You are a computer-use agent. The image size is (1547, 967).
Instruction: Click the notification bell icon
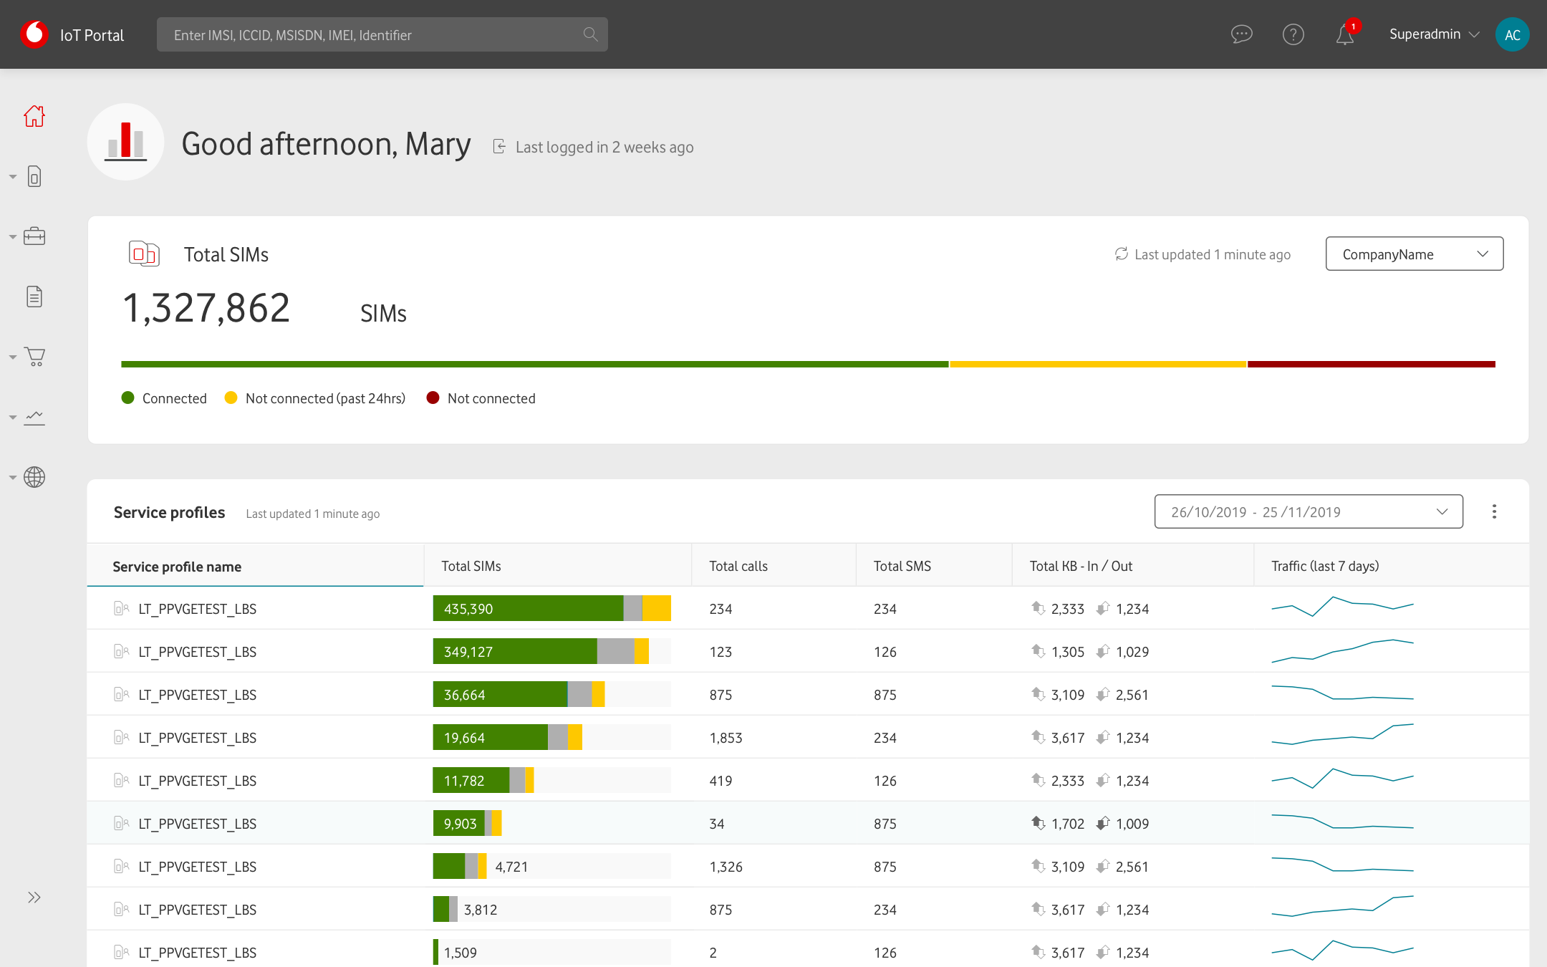click(x=1344, y=34)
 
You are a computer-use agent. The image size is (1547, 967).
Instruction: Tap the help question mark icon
click(x=1293, y=34)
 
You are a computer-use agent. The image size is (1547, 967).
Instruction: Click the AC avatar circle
click(x=1512, y=34)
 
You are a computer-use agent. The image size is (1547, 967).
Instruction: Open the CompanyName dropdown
click(x=1414, y=254)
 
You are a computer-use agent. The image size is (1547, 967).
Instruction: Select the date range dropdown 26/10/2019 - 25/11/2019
click(x=1309, y=511)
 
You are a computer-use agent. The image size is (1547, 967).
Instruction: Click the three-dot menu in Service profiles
click(x=1494, y=511)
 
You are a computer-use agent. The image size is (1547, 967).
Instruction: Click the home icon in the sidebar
click(x=34, y=116)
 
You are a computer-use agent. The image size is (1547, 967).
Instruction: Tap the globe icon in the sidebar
click(x=34, y=477)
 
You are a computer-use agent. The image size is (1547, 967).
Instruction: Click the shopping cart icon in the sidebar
click(x=34, y=357)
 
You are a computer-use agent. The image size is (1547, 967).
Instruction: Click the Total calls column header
click(x=738, y=566)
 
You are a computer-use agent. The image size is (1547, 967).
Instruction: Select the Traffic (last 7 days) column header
click(x=1325, y=566)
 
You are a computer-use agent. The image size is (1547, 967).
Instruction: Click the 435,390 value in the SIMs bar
click(x=468, y=609)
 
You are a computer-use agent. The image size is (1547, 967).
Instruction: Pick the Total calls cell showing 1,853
click(x=726, y=738)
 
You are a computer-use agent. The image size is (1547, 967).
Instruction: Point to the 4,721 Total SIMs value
click(x=511, y=867)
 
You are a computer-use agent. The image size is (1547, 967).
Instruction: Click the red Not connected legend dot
click(x=433, y=398)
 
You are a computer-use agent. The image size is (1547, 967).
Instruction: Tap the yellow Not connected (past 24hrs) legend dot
click(x=231, y=398)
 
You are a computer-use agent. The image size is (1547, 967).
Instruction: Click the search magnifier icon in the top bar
click(x=590, y=34)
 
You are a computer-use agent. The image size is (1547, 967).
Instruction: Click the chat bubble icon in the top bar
click(x=1241, y=34)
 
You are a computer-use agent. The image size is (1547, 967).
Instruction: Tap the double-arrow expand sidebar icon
click(x=34, y=898)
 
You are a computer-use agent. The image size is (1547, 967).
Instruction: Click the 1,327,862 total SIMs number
click(x=206, y=309)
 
